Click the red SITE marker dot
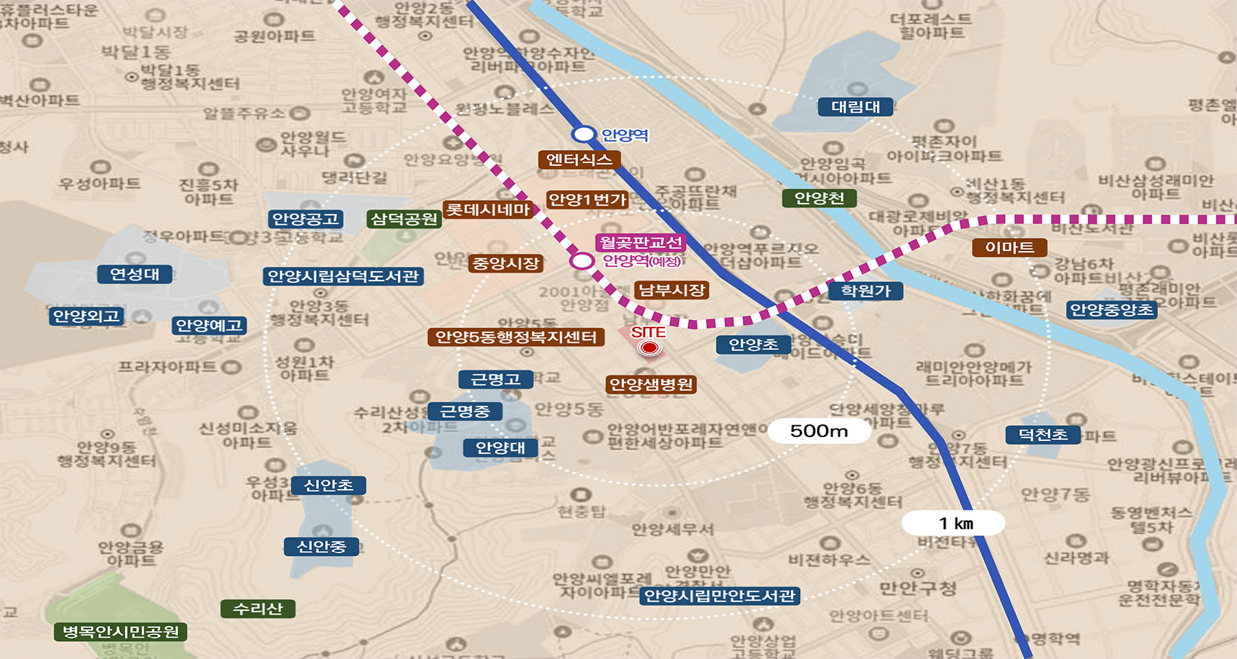[649, 348]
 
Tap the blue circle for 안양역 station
[584, 134]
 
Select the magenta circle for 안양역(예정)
[582, 261]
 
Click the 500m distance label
[818, 431]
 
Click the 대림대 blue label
[856, 107]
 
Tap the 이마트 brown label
[1009, 248]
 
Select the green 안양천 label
[819, 199]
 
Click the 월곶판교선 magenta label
[640, 242]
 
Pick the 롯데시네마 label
[488, 210]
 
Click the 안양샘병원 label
[651, 385]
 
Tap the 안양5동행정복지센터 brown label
[516, 337]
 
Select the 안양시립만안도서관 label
[720, 596]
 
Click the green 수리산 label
[258, 609]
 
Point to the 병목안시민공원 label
[120, 631]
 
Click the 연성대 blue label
[135, 274]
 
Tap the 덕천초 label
[1043, 435]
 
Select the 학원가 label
[865, 291]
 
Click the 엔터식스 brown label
[579, 160]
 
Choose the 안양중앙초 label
[1111, 310]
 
